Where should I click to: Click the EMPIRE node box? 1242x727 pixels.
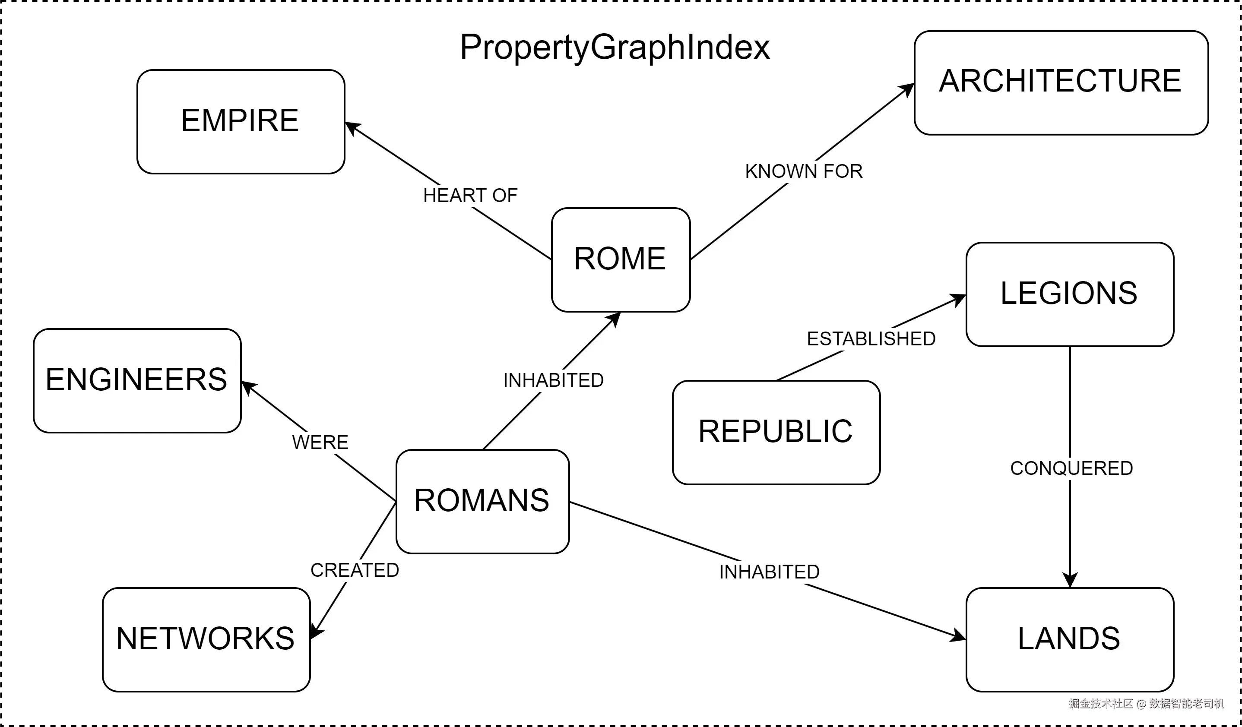[241, 122]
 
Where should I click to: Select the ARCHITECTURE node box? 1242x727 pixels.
[1061, 83]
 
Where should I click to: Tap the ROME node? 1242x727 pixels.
[621, 259]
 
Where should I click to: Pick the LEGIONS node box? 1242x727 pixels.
[1070, 294]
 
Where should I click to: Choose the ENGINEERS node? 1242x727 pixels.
[137, 381]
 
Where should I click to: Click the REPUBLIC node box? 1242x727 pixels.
[776, 433]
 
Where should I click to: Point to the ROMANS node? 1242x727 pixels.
[482, 501]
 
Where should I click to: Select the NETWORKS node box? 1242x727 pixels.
[206, 640]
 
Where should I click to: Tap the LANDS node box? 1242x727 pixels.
[1070, 640]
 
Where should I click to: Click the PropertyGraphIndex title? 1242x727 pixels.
[615, 48]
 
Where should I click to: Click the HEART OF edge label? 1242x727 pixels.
[470, 196]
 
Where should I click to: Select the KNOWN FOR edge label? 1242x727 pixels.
[804, 171]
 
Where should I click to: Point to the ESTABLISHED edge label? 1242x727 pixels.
[871, 339]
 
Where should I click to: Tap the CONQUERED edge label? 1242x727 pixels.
[1071, 468]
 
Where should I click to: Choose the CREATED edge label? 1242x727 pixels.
[355, 570]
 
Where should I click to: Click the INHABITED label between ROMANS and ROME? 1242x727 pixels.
[553, 380]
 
